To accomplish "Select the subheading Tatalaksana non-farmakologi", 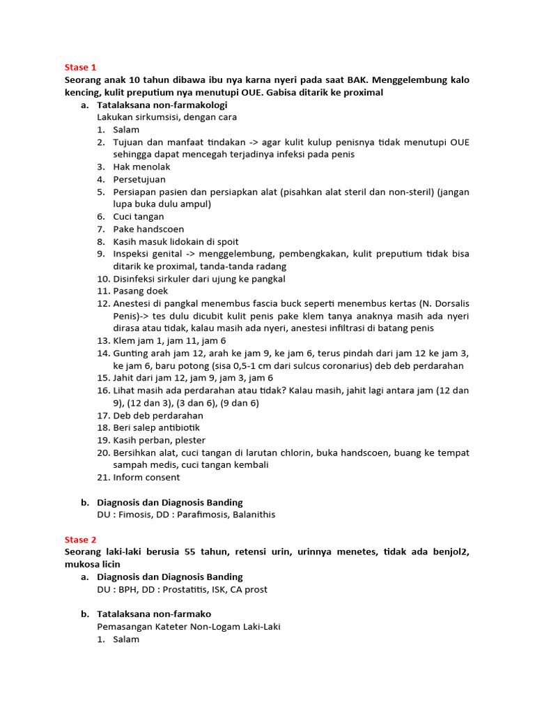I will tap(162, 105).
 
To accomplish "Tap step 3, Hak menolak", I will tap(141, 167).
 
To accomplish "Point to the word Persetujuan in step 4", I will tap(139, 179).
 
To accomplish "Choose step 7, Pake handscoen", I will tap(148, 229).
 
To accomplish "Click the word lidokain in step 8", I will tap(176, 241).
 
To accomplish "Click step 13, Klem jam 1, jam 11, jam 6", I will tap(169, 341).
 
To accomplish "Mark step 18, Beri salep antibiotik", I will tap(156, 427).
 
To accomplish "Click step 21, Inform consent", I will tap(146, 478).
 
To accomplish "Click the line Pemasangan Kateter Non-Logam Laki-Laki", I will tap(189, 626).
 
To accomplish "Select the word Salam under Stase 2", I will tap(126, 639).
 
